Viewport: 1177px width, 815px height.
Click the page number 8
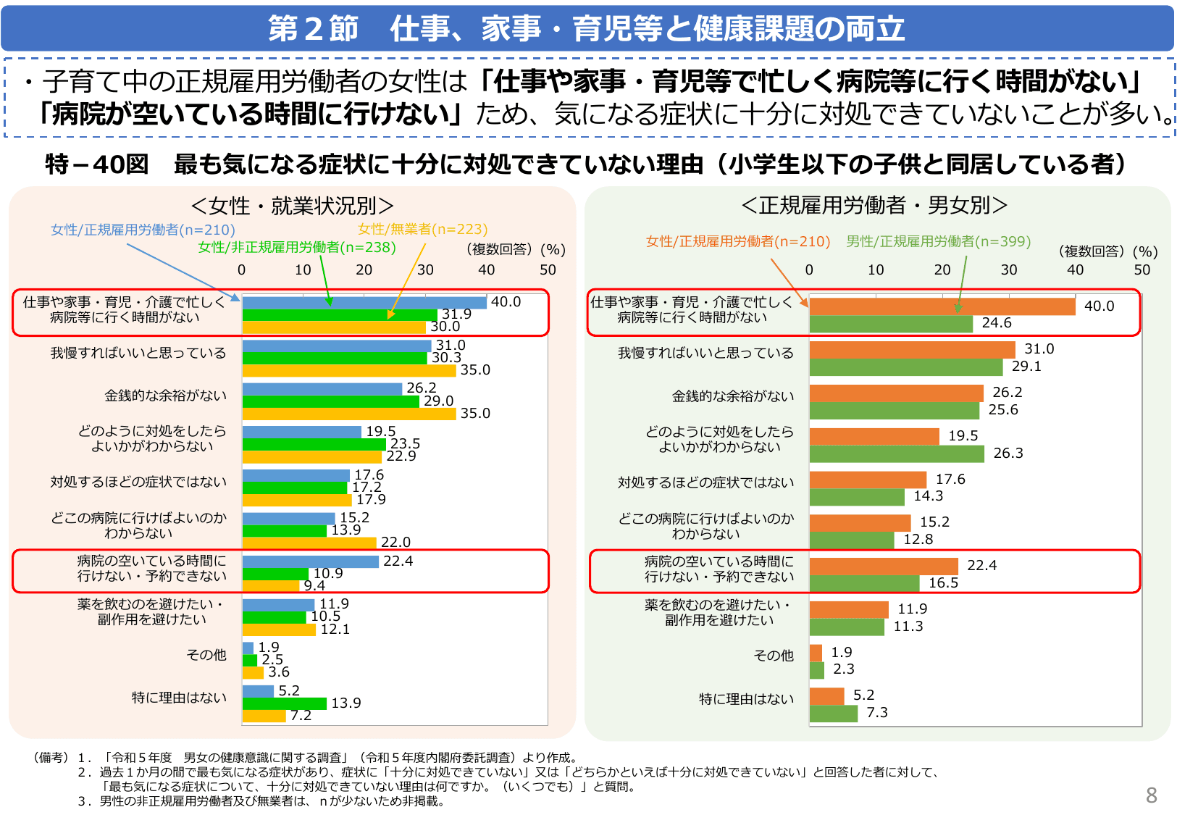point(1151,795)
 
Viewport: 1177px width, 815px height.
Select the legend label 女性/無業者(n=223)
point(422,229)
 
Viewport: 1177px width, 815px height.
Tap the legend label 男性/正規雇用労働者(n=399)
point(938,241)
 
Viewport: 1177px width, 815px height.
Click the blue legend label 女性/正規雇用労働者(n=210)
point(143,230)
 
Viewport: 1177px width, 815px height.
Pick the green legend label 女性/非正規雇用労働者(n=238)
point(297,247)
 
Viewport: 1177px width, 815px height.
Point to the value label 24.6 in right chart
point(996,323)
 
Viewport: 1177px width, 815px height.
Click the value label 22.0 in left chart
point(395,542)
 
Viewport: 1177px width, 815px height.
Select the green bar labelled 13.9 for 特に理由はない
point(284,703)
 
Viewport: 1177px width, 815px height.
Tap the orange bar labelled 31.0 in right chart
point(912,350)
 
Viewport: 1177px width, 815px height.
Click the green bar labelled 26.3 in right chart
point(896,454)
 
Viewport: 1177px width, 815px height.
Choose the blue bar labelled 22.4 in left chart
point(310,561)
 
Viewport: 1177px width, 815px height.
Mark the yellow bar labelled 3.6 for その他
point(253,672)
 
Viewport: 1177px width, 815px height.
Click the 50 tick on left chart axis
point(548,269)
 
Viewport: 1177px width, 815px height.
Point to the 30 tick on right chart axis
point(1008,269)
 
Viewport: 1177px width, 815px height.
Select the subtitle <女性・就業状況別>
point(292,206)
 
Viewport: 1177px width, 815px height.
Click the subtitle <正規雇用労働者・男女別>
point(874,205)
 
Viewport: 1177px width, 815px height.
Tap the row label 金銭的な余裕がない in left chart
point(165,396)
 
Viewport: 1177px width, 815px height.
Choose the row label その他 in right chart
point(773,655)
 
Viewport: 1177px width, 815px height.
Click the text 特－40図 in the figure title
point(96,164)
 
